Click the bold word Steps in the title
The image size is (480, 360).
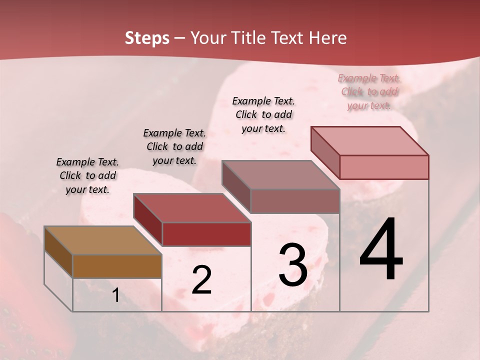(147, 38)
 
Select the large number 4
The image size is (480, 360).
(381, 249)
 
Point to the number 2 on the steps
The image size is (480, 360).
(201, 280)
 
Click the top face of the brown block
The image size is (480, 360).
(102, 240)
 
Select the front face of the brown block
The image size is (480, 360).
(117, 266)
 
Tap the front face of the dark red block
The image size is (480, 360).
(206, 234)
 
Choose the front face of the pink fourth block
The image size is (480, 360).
(384, 167)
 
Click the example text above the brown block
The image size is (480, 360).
(87, 175)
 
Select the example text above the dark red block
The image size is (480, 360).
(174, 146)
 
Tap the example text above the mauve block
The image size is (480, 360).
(263, 114)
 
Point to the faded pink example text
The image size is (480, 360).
(369, 91)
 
